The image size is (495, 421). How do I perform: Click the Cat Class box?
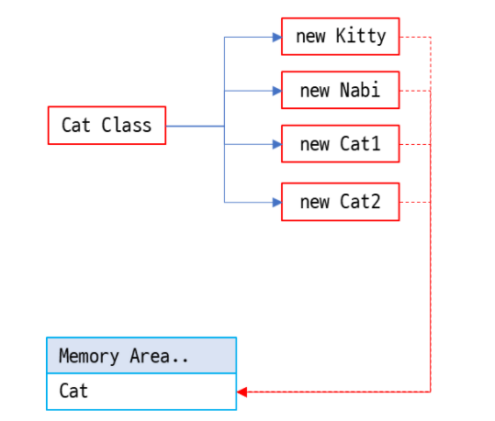(107, 125)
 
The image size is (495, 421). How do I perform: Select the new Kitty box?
(340, 37)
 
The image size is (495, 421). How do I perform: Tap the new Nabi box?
(340, 91)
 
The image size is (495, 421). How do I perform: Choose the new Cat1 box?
(340, 144)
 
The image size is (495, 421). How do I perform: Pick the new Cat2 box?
(340, 202)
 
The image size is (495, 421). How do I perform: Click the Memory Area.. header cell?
(141, 356)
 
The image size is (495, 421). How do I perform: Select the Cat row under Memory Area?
(141, 392)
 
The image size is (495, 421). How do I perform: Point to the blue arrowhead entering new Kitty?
(276, 38)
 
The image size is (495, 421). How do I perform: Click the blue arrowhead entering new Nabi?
(276, 91)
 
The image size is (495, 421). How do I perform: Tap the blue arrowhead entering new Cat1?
(276, 144)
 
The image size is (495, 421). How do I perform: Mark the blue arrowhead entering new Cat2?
(276, 202)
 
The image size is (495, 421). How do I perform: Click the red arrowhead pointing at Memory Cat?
(242, 392)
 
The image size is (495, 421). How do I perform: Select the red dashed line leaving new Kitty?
(415, 38)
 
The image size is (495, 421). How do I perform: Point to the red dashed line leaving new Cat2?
(415, 202)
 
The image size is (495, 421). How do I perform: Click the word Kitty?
(354, 37)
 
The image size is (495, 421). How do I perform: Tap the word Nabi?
(359, 91)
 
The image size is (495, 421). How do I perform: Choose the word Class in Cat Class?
(127, 125)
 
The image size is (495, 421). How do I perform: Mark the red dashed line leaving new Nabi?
(415, 91)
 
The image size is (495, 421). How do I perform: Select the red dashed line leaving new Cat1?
(415, 144)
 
